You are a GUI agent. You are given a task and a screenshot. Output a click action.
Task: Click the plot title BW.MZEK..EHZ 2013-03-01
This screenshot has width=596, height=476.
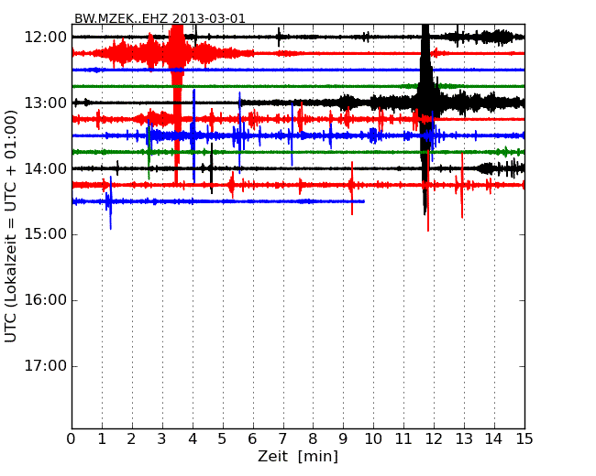(x=160, y=18)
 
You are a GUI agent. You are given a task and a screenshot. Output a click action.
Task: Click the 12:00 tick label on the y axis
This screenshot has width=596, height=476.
(x=45, y=37)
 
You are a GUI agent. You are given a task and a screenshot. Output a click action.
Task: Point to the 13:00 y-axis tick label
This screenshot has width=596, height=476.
(x=45, y=103)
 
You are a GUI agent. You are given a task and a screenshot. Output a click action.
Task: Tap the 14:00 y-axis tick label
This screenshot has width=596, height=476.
(x=45, y=168)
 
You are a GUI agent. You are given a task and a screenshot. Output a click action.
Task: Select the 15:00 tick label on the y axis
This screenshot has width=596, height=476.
(x=45, y=234)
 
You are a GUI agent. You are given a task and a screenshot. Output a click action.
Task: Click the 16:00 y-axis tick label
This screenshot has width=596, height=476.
(x=45, y=300)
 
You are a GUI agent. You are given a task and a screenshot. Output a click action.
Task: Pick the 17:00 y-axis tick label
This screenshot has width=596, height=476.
(x=45, y=366)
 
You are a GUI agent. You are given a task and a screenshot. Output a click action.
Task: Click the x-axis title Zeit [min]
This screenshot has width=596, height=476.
(x=298, y=457)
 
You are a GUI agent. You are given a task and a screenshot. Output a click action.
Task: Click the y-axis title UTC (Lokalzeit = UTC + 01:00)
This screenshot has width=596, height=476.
(x=12, y=226)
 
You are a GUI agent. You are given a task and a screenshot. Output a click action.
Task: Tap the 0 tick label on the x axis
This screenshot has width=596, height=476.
(x=72, y=439)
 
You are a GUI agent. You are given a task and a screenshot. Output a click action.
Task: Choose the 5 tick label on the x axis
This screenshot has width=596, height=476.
(x=223, y=439)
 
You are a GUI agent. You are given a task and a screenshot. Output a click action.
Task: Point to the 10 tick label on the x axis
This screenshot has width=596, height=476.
(x=373, y=439)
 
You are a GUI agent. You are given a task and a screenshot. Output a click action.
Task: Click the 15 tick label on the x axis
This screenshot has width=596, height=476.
(x=524, y=439)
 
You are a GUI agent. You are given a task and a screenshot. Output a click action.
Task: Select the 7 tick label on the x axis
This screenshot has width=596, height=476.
(x=282, y=439)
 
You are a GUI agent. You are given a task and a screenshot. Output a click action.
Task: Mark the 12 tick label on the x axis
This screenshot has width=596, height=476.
(x=434, y=439)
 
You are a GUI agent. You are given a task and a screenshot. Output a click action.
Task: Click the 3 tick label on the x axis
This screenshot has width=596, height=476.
(x=162, y=439)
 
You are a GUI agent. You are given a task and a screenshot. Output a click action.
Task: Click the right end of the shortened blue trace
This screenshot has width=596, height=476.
(x=364, y=201)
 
